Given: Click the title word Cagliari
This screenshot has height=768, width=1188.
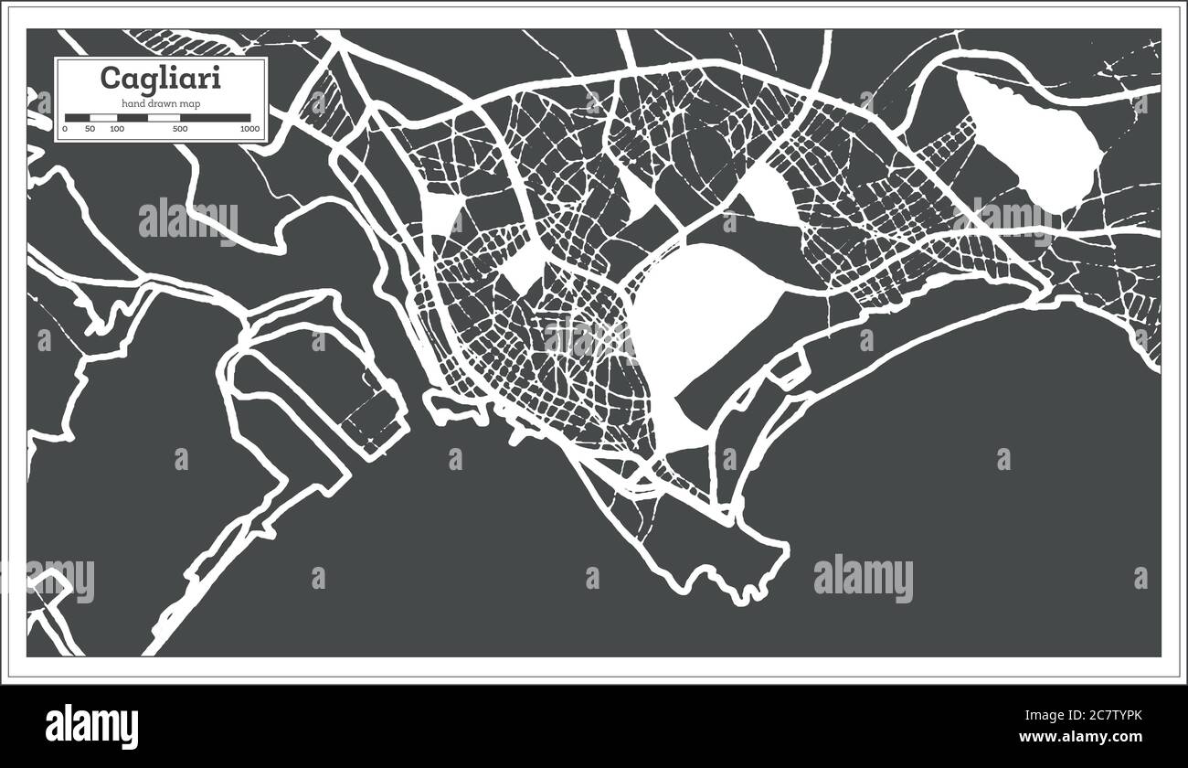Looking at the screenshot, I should coord(160,79).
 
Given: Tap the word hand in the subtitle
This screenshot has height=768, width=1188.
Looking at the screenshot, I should coord(133,103).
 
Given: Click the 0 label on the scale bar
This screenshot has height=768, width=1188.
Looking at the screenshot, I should coord(64,130).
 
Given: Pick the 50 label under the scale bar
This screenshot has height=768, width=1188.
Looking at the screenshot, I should coord(90,130).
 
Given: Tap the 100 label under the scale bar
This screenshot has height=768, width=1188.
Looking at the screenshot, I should coord(116,130).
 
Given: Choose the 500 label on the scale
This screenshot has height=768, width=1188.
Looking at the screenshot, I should coord(180,130).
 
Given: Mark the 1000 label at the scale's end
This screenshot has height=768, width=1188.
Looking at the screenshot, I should coord(249,130).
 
